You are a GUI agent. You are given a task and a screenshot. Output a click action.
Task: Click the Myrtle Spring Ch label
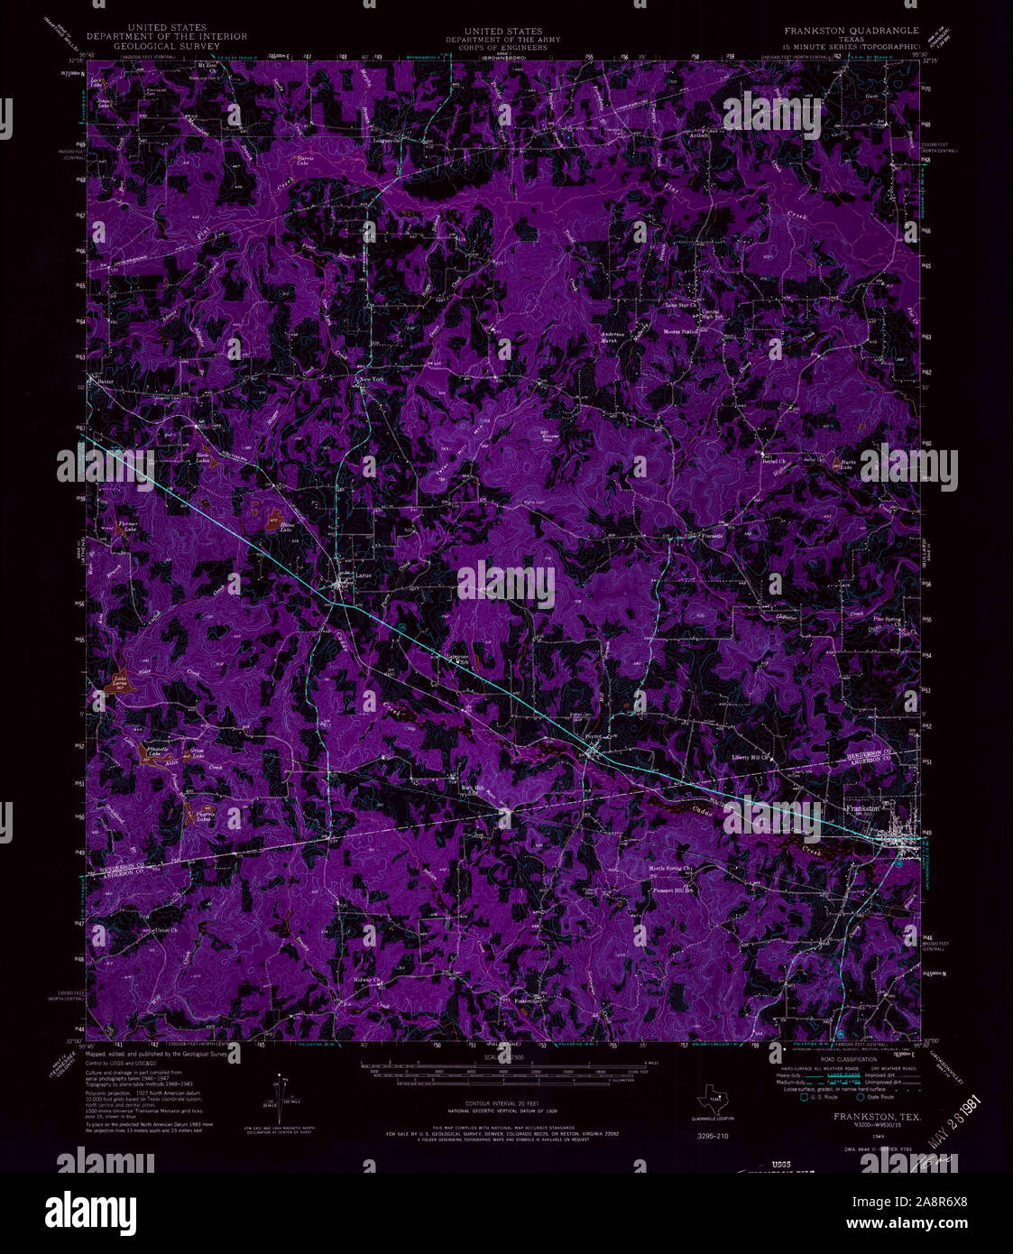tap(670, 870)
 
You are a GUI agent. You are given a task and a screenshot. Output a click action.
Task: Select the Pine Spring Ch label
tap(889, 621)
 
